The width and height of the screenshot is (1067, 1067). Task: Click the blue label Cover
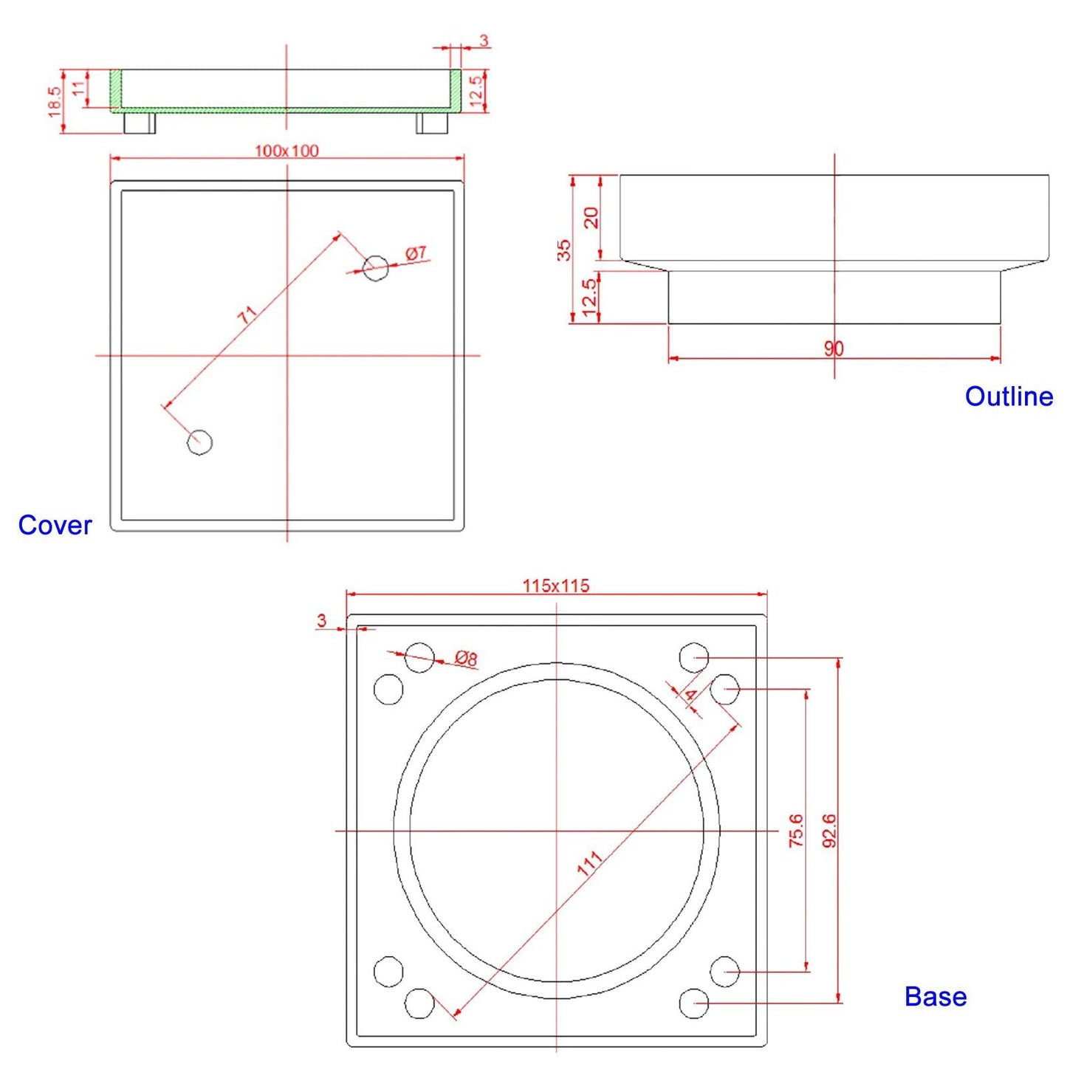click(x=55, y=525)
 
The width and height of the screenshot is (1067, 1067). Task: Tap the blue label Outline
click(x=1009, y=397)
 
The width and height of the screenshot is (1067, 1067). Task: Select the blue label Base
click(x=935, y=997)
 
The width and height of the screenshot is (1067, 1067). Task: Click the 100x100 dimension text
click(x=287, y=151)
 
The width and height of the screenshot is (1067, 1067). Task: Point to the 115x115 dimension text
click(x=556, y=586)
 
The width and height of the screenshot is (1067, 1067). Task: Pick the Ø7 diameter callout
click(x=416, y=253)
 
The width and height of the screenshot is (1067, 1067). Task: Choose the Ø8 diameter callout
click(x=466, y=658)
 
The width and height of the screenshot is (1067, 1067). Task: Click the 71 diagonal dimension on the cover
click(x=248, y=315)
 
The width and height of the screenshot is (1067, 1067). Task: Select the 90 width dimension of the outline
click(x=834, y=349)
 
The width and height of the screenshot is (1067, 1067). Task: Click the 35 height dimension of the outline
click(x=564, y=250)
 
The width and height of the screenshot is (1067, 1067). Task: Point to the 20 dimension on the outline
click(x=591, y=217)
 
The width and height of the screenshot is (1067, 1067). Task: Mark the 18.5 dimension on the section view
click(x=55, y=101)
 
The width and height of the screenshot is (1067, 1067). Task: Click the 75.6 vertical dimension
click(x=795, y=830)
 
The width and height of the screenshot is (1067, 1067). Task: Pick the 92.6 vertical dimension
click(x=829, y=830)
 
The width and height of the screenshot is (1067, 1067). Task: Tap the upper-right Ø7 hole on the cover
click(x=375, y=268)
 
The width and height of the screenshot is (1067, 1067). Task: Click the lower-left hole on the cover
click(x=199, y=442)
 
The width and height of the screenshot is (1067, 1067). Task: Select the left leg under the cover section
click(x=139, y=123)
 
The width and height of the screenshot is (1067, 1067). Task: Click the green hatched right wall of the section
click(x=456, y=90)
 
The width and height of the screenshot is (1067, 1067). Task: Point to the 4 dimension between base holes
click(x=690, y=696)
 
